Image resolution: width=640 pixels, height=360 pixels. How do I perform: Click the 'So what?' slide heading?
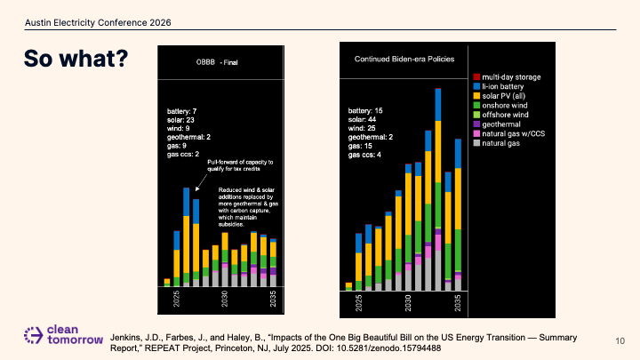coord(76,59)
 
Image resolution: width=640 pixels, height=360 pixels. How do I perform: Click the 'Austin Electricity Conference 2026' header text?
coord(98,23)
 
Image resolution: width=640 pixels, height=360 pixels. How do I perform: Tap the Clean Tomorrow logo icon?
coord(33,335)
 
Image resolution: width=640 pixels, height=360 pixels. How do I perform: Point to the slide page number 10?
coord(620,340)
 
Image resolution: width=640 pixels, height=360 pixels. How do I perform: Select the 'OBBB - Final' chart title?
coord(217,62)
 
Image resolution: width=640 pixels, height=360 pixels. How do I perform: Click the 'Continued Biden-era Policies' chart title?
coord(404,59)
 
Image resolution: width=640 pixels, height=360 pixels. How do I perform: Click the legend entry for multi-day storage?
coord(507,77)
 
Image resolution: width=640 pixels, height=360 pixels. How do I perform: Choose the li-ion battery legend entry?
coord(499,86)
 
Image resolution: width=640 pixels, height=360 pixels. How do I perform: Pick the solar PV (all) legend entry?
coord(500,96)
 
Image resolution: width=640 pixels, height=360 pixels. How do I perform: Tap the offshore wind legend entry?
coord(500,115)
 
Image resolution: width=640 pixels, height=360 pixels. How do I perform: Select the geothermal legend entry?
coord(497,124)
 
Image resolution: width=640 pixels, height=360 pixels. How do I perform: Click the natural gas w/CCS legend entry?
coord(509,133)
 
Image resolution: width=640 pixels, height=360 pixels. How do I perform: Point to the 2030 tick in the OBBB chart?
coord(225,299)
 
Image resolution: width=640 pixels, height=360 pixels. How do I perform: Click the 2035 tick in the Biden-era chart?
coord(458,303)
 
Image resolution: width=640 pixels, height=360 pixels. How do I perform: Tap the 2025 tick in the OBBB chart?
coord(176,299)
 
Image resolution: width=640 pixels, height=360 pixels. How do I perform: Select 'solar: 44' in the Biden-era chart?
coord(362,120)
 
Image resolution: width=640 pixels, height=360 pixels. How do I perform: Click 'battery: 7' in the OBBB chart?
coord(181,111)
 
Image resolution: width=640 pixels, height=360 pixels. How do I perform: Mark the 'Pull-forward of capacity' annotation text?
coord(240,165)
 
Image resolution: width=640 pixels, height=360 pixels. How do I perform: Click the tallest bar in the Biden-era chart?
coord(438,189)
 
